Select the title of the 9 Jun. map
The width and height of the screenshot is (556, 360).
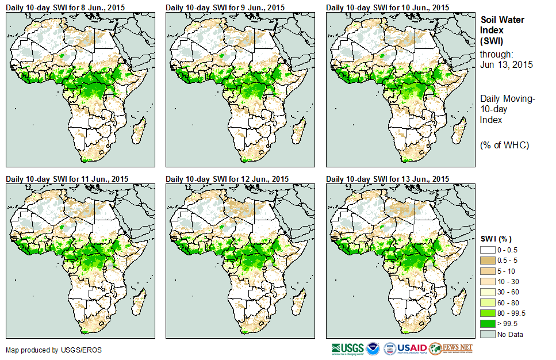pyautogui.click(x=225, y=7)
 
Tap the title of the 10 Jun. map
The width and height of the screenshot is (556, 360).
pyautogui.click(x=388, y=7)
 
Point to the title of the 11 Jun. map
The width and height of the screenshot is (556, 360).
pyautogui.click(x=67, y=179)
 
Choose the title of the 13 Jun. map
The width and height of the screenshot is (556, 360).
pyautogui.click(x=388, y=179)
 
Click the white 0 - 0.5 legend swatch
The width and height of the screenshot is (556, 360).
pyautogui.click(x=489, y=249)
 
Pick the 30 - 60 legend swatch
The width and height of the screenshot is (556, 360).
pyautogui.click(x=489, y=292)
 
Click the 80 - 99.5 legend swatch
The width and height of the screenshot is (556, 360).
pyautogui.click(x=489, y=313)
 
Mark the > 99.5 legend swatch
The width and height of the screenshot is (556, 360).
pyautogui.click(x=489, y=324)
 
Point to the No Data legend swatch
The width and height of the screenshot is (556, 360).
pyautogui.click(x=489, y=334)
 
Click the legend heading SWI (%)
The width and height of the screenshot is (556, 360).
pyautogui.click(x=496, y=238)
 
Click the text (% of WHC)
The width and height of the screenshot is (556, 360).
pyautogui.click(x=504, y=145)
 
